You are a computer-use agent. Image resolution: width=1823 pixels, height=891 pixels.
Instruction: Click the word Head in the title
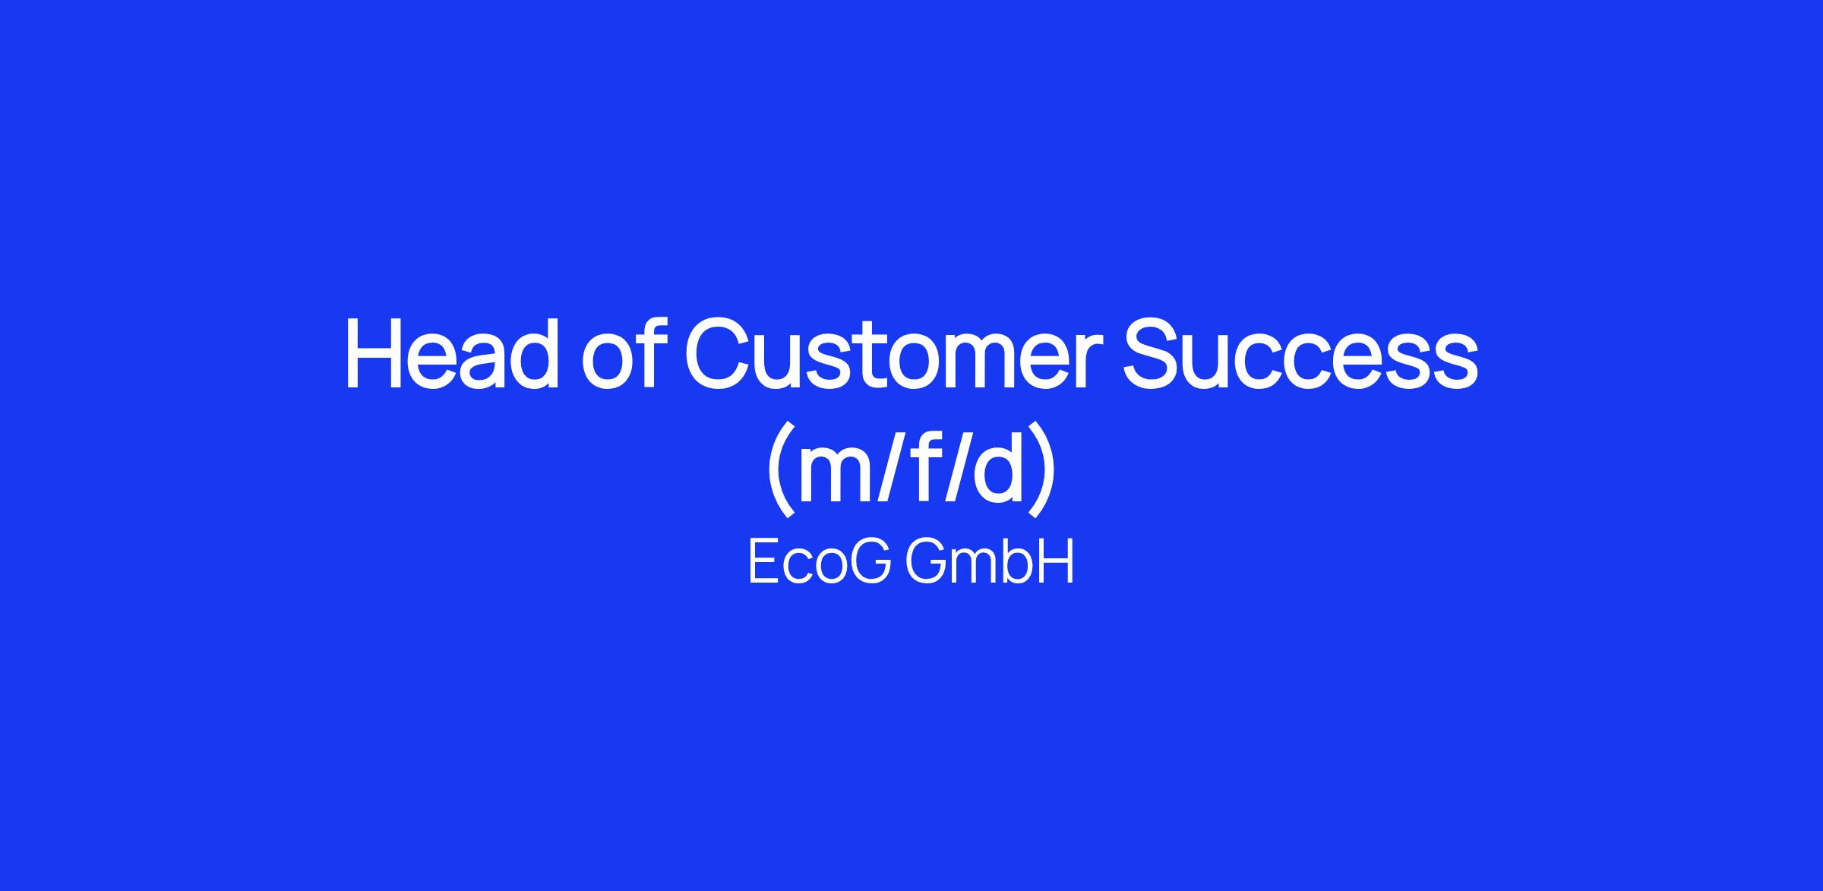(452, 354)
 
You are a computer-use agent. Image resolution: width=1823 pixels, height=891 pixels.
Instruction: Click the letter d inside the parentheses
(995, 467)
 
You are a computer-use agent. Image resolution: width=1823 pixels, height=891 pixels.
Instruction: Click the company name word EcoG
(820, 563)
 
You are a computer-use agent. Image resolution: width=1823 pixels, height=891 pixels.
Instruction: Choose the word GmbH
(990, 563)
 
